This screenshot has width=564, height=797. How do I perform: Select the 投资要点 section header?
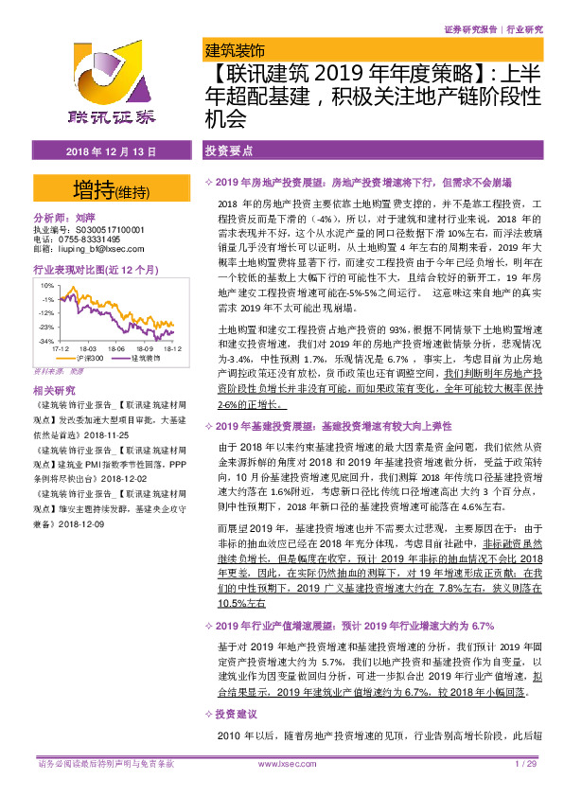tap(228, 151)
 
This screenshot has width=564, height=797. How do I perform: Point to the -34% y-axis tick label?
tap(44, 339)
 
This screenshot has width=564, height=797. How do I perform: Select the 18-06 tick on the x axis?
tap(116, 348)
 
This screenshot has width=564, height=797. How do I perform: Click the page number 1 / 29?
tap(525, 763)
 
